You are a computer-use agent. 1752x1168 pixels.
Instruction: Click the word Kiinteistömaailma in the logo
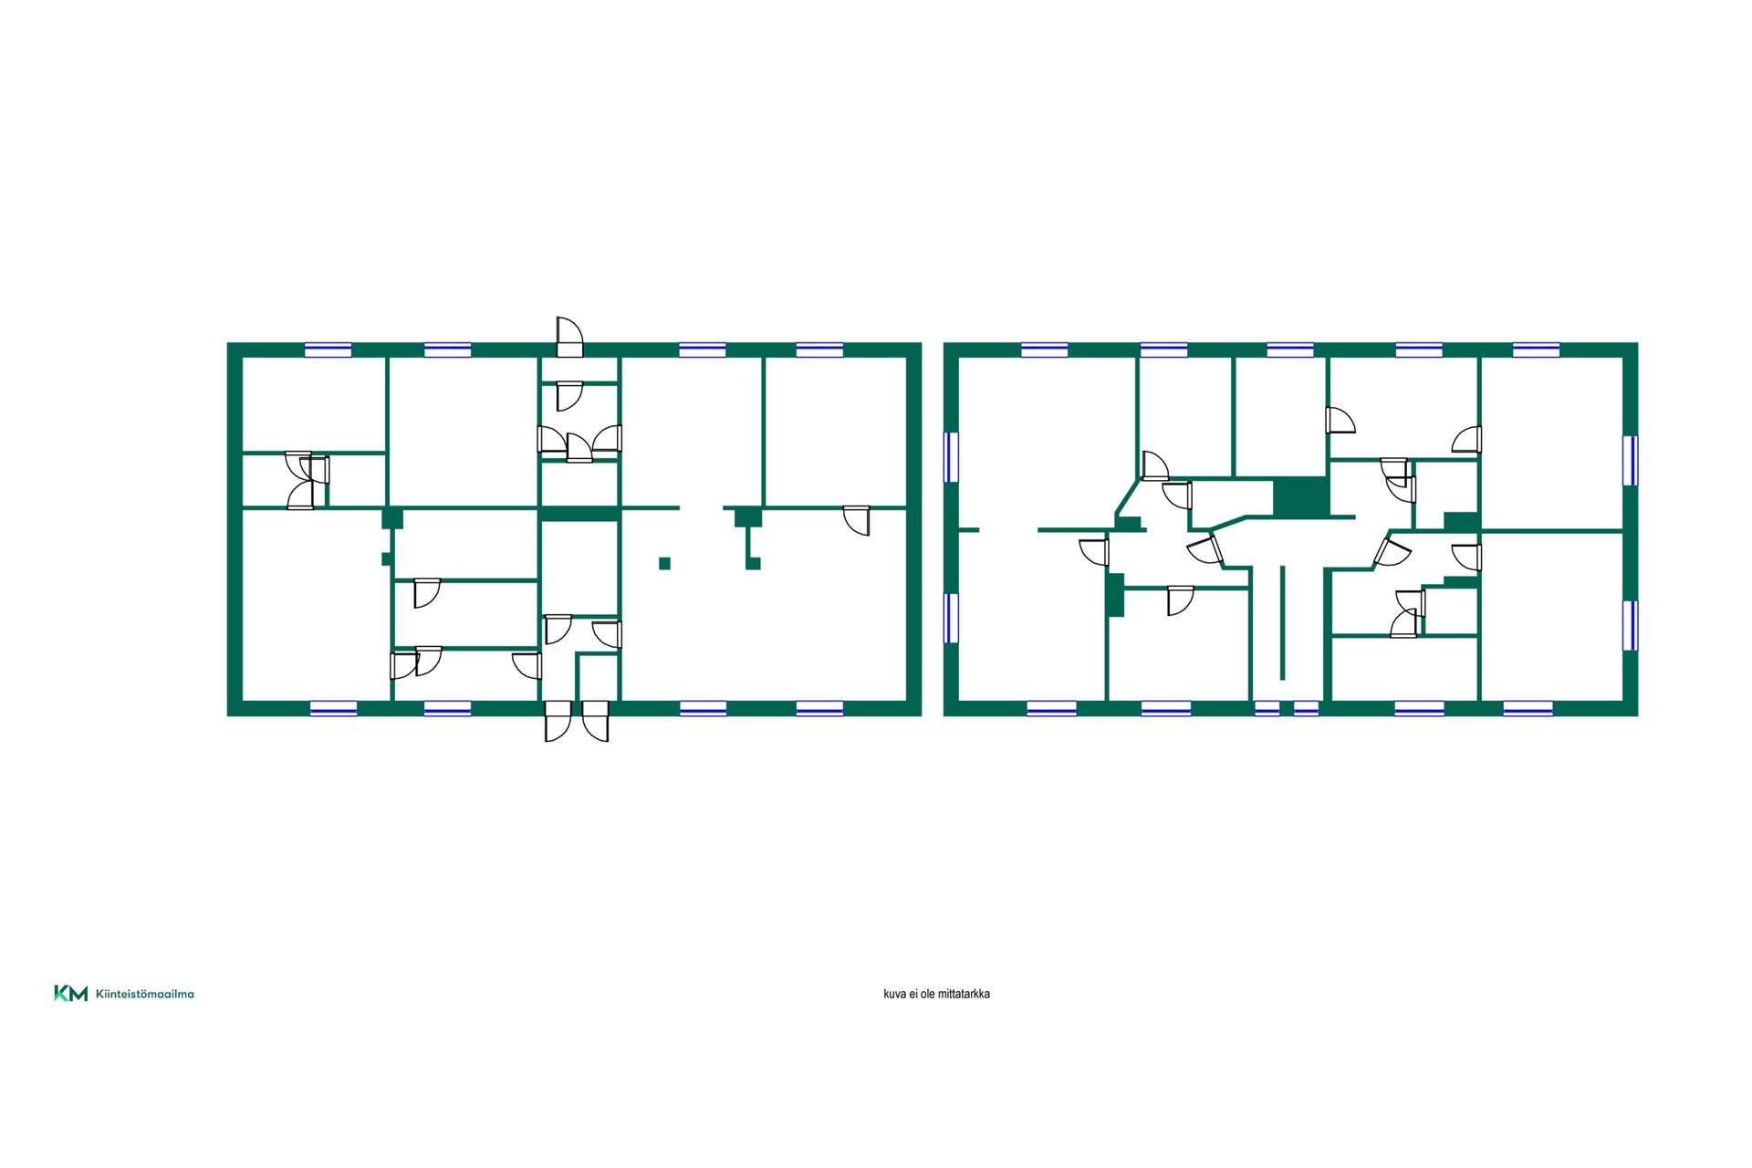click(x=145, y=994)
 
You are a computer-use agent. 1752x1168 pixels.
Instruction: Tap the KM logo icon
click(x=71, y=994)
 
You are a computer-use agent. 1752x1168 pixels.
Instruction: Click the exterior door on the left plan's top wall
click(x=569, y=337)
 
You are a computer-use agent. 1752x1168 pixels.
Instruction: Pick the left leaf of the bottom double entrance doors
click(x=558, y=721)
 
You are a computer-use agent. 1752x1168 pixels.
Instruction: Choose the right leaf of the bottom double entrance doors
click(x=596, y=721)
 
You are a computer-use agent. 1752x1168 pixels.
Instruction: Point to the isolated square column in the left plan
click(x=664, y=563)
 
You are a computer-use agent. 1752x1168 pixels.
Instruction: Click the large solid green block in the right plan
click(x=1299, y=496)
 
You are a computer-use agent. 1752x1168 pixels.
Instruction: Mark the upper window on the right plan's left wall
click(x=951, y=457)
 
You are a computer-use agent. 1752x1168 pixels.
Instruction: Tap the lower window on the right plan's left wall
click(x=951, y=618)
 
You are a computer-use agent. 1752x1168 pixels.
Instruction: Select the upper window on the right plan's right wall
click(x=1630, y=461)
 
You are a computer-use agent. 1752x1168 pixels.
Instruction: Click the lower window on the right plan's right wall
click(x=1630, y=625)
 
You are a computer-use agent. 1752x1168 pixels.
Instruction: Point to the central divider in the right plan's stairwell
click(x=1282, y=622)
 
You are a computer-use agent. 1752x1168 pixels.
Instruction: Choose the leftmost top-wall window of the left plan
click(x=328, y=349)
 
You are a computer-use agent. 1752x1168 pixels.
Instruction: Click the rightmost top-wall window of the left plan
click(x=819, y=349)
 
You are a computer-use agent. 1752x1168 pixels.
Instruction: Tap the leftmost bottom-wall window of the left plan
click(x=333, y=708)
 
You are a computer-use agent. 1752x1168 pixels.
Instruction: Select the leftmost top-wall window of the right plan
click(x=1044, y=349)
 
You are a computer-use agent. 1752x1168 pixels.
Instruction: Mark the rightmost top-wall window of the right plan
click(x=1536, y=349)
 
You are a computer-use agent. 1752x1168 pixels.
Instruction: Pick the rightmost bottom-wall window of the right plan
click(x=1528, y=708)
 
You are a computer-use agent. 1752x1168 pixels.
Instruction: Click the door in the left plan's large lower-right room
click(x=857, y=520)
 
